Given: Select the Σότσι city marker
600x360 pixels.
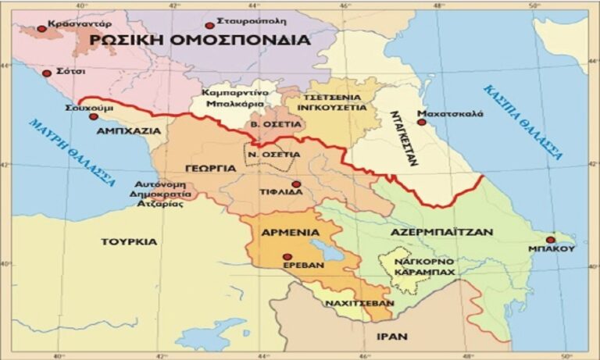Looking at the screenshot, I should [47, 73].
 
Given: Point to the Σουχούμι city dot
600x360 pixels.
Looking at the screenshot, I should [94, 116].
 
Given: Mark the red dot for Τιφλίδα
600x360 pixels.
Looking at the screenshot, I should [296, 184].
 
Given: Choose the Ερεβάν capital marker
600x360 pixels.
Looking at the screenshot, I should [287, 256].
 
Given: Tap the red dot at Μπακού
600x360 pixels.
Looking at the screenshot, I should [551, 240].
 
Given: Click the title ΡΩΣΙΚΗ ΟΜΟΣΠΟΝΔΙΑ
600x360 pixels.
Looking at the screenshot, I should [198, 40].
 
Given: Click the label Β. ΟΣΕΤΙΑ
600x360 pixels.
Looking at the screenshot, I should [265, 125].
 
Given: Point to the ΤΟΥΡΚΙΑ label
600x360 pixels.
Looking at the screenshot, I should [129, 241].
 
